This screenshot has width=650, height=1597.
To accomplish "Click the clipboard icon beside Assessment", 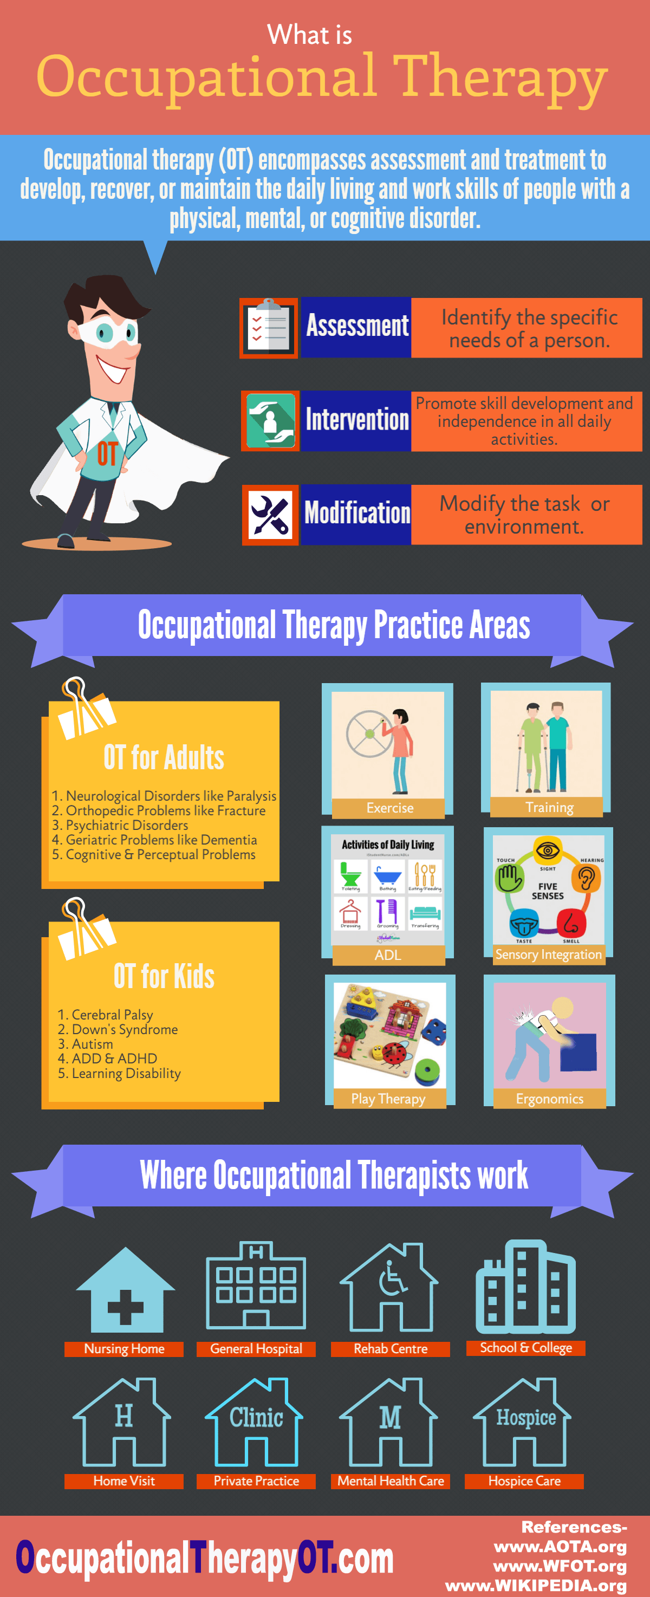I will pyautogui.click(x=269, y=328).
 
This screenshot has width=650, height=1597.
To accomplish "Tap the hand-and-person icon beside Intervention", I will pyautogui.click(x=270, y=421).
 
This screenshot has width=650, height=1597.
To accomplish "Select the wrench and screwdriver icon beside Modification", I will pyautogui.click(x=270, y=515).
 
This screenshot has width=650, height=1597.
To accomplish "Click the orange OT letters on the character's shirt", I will pyautogui.click(x=107, y=455).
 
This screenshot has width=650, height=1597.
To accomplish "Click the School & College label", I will pyautogui.click(x=525, y=1348).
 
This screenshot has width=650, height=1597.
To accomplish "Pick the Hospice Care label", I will pyautogui.click(x=524, y=1481).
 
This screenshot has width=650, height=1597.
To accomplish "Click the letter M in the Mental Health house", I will pyautogui.click(x=391, y=1418).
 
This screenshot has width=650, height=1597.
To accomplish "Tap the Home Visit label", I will pyautogui.click(x=124, y=1481).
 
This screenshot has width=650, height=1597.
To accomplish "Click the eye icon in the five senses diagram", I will pyautogui.click(x=547, y=850).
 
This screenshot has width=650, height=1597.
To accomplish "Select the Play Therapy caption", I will pyautogui.click(x=388, y=1099).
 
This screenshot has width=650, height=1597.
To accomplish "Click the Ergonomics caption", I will pyautogui.click(x=550, y=1099).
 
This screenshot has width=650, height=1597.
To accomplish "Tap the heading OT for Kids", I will pyautogui.click(x=164, y=976).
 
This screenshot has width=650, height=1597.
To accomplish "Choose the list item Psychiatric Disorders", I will pyautogui.click(x=126, y=825).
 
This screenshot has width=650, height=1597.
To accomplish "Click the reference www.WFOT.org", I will pyautogui.click(x=560, y=1567).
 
